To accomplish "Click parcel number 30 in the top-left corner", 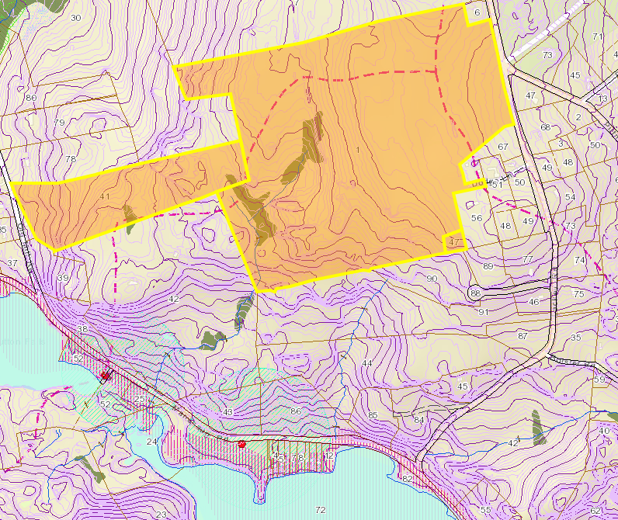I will (x=75, y=17).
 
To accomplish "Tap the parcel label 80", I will (x=31, y=98).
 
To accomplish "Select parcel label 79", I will (x=59, y=123).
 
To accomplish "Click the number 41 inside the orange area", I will (x=105, y=197).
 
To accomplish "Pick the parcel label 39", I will (x=62, y=278).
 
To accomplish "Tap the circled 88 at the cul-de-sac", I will (x=475, y=293).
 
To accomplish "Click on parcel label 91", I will (x=483, y=312).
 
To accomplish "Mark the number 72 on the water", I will (x=321, y=510).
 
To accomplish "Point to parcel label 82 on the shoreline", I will (x=408, y=479).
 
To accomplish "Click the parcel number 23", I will (x=161, y=515).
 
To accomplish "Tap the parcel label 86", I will (x=295, y=411).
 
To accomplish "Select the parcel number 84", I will (x=419, y=421).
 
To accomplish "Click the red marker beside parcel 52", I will (x=105, y=376).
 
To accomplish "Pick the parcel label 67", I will (x=502, y=147).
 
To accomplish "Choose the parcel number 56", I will (x=477, y=218).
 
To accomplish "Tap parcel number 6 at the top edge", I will (x=476, y=13).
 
